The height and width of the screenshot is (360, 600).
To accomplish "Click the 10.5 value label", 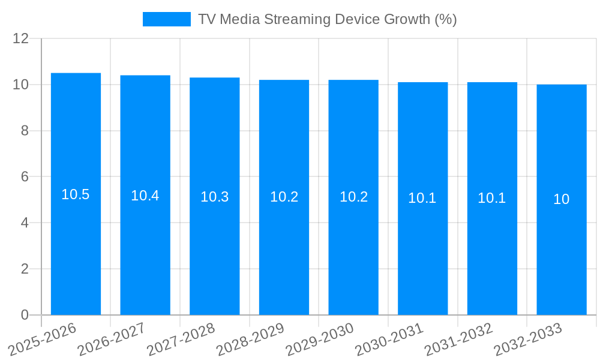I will click(x=76, y=194).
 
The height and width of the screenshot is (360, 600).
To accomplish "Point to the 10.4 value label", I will click(x=145, y=196).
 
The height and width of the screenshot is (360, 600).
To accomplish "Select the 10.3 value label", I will click(x=215, y=197).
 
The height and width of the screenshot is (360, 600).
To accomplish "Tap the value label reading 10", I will click(x=562, y=199).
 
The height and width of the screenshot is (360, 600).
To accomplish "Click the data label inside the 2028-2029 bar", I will click(x=284, y=197).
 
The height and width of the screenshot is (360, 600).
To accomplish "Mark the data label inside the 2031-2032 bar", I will click(x=492, y=198).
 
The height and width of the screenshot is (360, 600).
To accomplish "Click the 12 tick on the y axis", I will click(x=21, y=39).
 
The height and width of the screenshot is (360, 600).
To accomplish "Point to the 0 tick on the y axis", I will click(x=25, y=315).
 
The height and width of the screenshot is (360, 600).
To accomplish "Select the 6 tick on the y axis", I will click(x=25, y=177).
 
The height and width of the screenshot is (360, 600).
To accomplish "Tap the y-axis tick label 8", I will click(x=25, y=131).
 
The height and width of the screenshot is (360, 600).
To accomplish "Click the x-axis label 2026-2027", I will click(x=111, y=339).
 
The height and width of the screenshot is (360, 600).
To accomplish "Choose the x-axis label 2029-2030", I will click(x=319, y=339).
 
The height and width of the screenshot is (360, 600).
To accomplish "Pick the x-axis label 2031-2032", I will click(x=458, y=339).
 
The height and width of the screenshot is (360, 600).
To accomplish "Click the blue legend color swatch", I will click(x=166, y=19).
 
